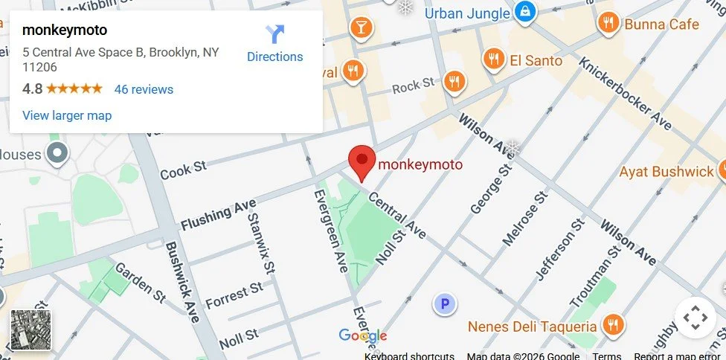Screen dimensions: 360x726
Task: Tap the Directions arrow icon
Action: [x=275, y=34]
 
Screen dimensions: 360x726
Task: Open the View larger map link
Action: [x=67, y=115]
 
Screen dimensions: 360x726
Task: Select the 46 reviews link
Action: [x=144, y=89]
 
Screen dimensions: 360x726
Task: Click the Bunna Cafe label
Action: [x=661, y=25]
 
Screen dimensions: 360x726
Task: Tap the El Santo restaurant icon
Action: [x=493, y=59]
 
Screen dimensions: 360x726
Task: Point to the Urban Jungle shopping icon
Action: [x=525, y=12]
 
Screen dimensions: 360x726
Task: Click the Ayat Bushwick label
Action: [x=666, y=172]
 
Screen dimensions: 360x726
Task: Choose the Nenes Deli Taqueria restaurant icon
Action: [x=613, y=324]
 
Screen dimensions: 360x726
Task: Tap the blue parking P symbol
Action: [x=445, y=303]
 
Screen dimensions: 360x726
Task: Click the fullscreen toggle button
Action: [x=695, y=318]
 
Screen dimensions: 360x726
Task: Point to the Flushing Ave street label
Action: [x=218, y=214]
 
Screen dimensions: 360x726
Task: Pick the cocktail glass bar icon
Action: [x=361, y=28]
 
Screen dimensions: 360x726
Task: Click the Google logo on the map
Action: [x=363, y=336]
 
